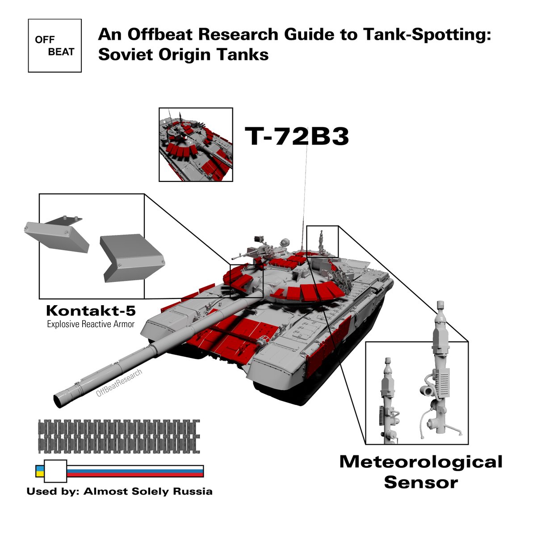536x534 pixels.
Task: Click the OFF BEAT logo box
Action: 54,46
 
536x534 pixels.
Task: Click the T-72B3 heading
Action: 296,136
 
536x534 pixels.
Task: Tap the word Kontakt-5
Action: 91,311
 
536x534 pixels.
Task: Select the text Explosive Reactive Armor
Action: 91,324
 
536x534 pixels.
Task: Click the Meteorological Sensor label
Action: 421,472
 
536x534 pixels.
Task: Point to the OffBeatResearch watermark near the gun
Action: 119,383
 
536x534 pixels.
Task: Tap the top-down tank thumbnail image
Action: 196,144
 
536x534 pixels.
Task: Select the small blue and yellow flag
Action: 39,471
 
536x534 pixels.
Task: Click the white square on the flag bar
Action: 55,471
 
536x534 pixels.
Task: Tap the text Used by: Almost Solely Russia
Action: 119,492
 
